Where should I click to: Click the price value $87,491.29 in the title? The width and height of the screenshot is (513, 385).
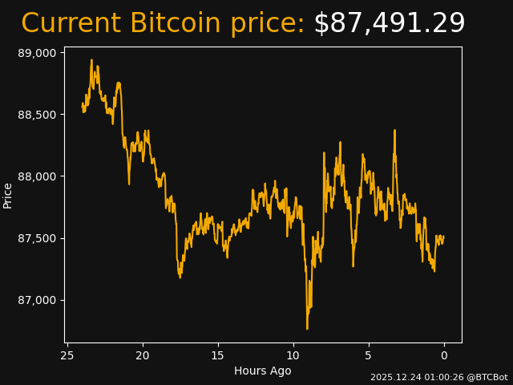tap(389, 24)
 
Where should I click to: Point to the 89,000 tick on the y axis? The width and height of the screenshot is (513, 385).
tap(38, 53)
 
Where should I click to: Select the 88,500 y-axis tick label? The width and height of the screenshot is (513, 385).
tap(38, 115)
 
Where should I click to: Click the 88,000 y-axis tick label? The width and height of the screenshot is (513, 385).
tap(38, 176)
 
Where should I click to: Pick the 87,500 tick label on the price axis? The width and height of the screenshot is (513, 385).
tap(38, 238)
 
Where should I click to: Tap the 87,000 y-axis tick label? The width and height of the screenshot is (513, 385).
tap(38, 300)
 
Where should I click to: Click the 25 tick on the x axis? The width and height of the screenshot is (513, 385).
tap(67, 355)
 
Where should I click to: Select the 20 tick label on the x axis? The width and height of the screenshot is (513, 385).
tap(143, 355)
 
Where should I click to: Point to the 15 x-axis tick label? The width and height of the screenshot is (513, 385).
tap(218, 355)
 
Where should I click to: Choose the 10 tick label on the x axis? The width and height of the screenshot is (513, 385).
tap(293, 355)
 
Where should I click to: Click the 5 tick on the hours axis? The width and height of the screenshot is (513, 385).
tap(369, 355)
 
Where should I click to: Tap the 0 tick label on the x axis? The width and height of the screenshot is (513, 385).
tap(444, 355)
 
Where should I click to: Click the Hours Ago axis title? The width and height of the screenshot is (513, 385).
tap(263, 371)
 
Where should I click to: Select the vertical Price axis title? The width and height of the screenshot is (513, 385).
tap(8, 195)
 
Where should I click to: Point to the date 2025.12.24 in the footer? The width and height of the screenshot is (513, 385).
tap(393, 377)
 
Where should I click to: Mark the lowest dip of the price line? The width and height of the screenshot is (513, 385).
tap(307, 328)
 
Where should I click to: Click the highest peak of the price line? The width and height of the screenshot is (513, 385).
tap(91, 60)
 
